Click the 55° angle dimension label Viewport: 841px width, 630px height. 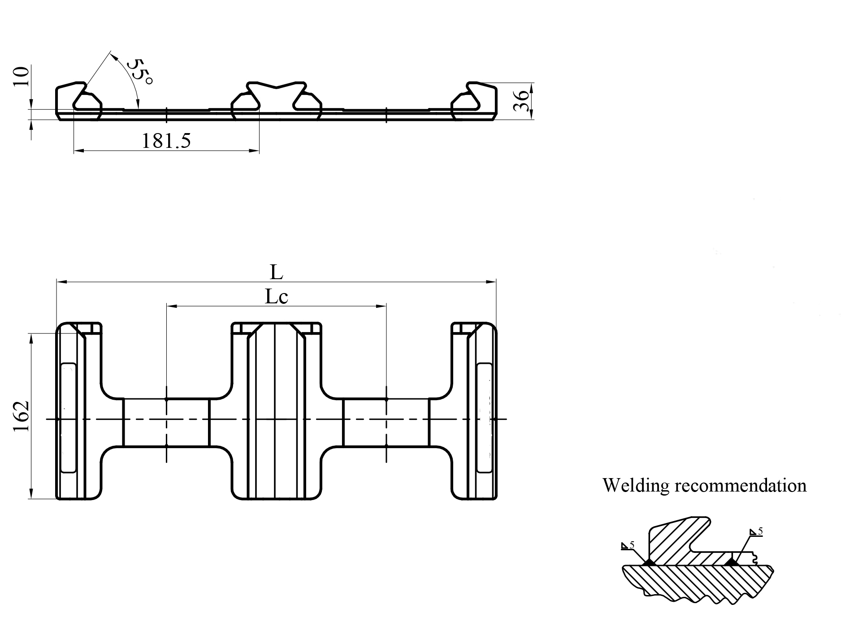pyautogui.click(x=140, y=72)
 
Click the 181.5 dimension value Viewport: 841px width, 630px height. pyautogui.click(x=166, y=141)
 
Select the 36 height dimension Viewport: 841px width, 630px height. pyautogui.click(x=520, y=101)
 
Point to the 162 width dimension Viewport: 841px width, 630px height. pyautogui.click(x=21, y=416)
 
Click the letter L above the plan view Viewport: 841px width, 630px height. pyautogui.click(x=277, y=272)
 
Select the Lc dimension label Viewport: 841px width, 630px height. pyautogui.click(x=276, y=297)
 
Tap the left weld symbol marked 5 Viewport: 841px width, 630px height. pyautogui.click(x=628, y=546)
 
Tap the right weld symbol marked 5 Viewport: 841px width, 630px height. pyautogui.click(x=756, y=532)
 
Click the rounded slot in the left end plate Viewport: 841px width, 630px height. pyautogui.click(x=69, y=417)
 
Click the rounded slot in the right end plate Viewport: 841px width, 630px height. pyautogui.click(x=485, y=417)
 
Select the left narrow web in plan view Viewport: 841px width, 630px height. pyautogui.click(x=166, y=422)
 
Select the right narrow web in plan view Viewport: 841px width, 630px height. pyautogui.click(x=386, y=422)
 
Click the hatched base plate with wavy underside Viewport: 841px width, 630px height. pyautogui.click(x=699, y=580)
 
